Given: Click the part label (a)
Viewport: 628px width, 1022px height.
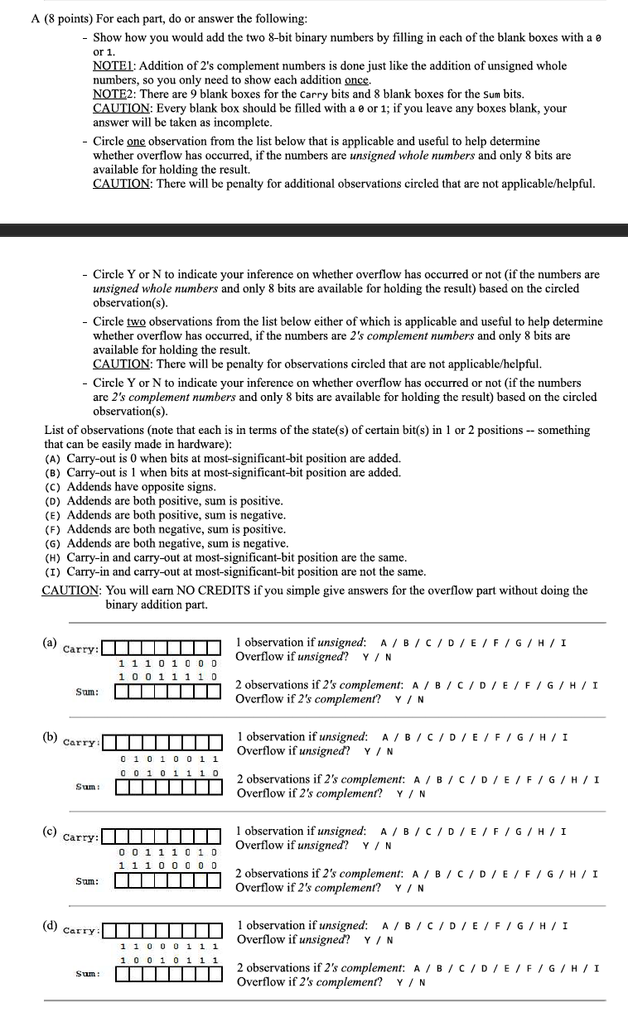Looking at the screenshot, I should (51, 643).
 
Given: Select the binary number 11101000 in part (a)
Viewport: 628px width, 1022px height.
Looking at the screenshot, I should (168, 663).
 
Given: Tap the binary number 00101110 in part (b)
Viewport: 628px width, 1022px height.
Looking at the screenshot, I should (169, 773).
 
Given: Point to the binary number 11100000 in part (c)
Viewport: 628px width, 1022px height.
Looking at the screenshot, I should (168, 865).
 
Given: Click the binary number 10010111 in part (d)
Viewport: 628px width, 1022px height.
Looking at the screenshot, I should (169, 960).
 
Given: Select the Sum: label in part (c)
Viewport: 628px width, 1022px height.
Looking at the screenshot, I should (87, 880).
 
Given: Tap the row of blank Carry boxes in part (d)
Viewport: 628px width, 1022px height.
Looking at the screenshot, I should (163, 929).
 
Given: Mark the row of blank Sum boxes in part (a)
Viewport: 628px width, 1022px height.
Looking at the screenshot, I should (167, 692).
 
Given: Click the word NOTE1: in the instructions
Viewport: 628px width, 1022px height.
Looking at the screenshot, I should (115, 65).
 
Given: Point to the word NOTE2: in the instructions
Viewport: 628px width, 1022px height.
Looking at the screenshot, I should (115, 94).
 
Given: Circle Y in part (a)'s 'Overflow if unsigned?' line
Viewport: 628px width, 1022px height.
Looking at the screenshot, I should (366, 658).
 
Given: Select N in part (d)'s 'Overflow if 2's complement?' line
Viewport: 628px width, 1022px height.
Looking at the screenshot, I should (422, 983).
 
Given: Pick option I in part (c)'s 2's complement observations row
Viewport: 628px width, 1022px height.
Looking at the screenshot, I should (596, 874).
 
